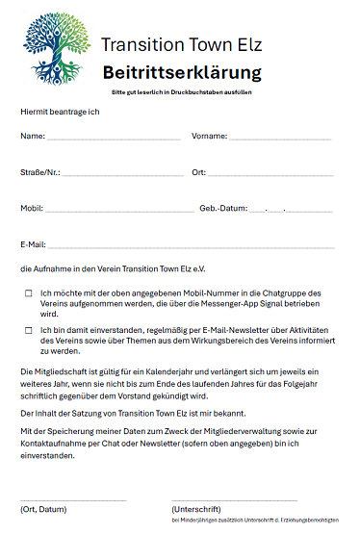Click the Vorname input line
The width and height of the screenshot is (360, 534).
(280, 140)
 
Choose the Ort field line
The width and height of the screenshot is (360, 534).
(271, 175)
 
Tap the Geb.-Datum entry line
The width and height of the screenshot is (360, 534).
(291, 210)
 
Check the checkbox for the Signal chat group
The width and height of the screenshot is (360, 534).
(29, 292)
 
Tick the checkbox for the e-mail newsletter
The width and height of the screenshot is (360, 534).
(29, 330)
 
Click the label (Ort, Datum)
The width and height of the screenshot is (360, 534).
(43, 508)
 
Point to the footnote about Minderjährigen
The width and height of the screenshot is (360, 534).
(254, 520)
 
